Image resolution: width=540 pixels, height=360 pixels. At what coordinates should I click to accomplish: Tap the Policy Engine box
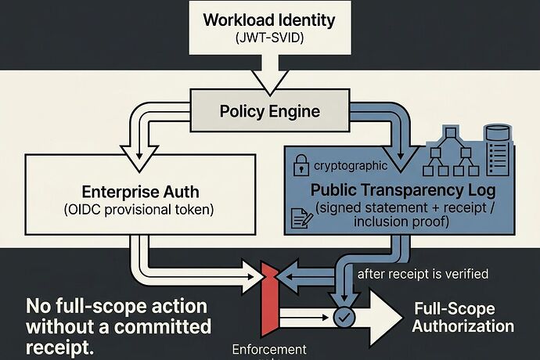(268, 111)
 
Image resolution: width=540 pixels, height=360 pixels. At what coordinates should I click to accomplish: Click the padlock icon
(299, 165)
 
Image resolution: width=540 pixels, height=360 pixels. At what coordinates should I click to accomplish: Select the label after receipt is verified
(423, 274)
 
